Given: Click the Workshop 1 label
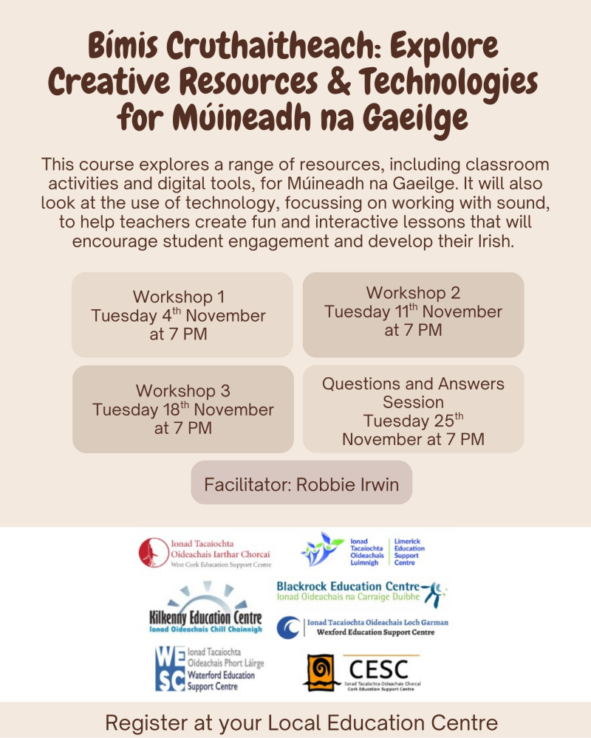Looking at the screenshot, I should [179, 297].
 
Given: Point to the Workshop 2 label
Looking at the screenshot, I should [413, 292].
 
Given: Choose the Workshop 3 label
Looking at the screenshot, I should [182, 390].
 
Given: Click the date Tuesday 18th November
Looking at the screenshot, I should [182, 410].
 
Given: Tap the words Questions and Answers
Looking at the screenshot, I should [413, 384].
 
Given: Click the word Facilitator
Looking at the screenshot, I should [247, 485].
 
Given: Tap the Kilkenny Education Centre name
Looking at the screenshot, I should [205, 618].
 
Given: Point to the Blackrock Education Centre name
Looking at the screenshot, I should [349, 587].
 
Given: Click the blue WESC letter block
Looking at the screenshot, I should [169, 668].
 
